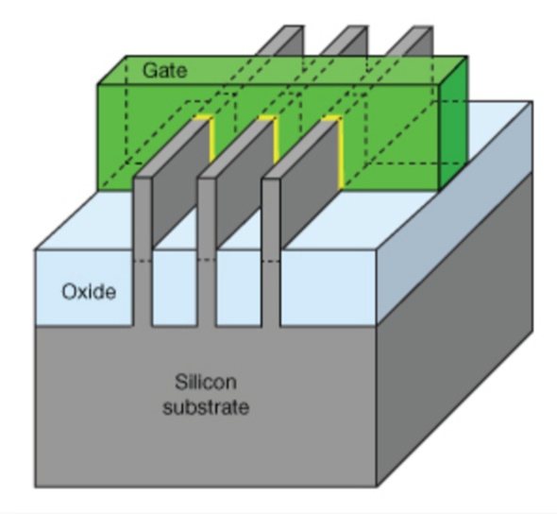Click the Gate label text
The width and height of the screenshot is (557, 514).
164,70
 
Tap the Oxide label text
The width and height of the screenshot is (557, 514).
89,292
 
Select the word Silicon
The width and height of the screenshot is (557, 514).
206,383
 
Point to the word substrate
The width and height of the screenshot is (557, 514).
206,406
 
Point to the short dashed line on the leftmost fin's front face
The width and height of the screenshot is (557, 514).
143,261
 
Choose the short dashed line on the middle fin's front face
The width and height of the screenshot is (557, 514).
207,260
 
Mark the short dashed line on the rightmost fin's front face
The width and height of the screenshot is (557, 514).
271,261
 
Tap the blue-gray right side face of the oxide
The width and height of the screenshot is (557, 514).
455,212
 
